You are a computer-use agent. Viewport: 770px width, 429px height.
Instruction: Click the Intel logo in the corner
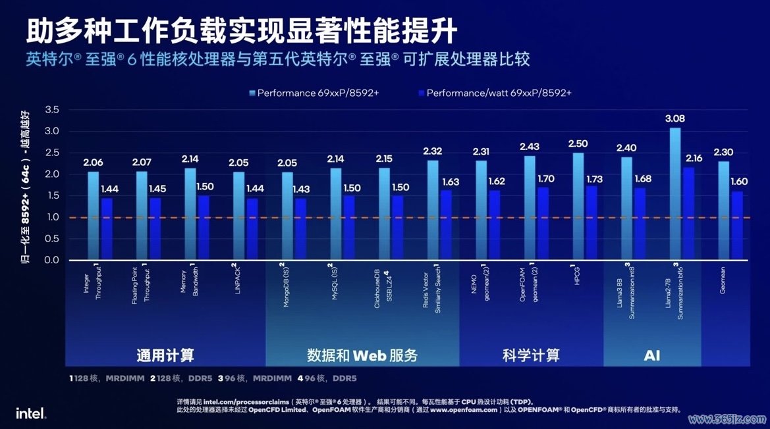coord(31,413)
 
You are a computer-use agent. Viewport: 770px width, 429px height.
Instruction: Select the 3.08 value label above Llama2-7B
coord(675,119)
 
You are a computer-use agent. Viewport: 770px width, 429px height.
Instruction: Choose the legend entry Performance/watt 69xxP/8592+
coord(493,93)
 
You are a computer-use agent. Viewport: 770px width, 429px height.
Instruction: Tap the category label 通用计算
coord(165,355)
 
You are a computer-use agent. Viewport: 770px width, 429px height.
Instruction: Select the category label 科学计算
coord(530,355)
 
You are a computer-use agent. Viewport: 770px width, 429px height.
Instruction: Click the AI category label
coord(651,355)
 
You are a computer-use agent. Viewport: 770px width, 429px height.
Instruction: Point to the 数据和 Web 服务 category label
coord(362,355)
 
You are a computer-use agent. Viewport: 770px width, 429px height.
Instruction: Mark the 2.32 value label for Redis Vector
coord(432,151)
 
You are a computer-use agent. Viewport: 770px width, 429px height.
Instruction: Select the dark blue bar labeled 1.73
coord(591,223)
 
